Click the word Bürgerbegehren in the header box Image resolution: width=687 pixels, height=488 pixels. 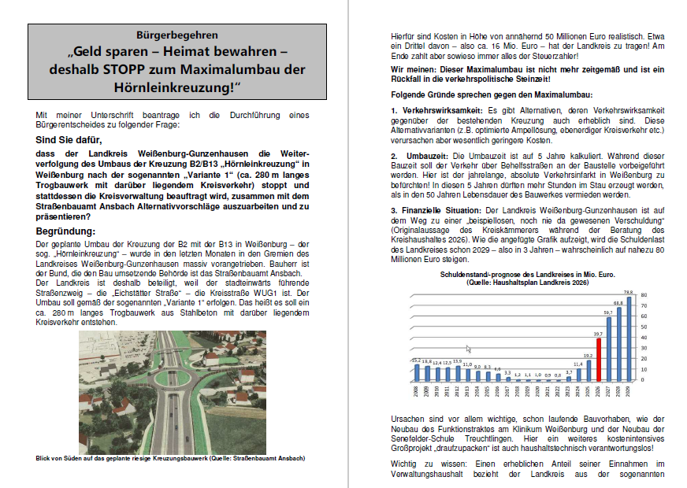click(177, 35)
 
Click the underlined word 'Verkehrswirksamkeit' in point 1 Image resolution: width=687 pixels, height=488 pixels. click(442, 109)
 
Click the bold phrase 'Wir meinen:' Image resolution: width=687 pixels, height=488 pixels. click(414, 70)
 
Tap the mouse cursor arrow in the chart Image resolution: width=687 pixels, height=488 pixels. click(468, 349)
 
